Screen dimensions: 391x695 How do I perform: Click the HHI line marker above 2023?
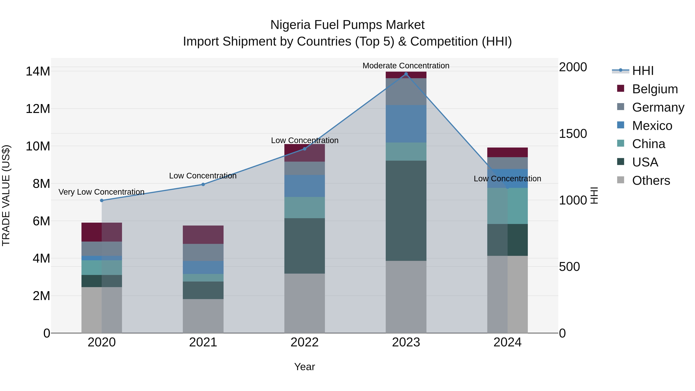406,74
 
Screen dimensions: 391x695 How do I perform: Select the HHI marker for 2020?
102,200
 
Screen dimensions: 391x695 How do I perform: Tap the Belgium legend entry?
655,89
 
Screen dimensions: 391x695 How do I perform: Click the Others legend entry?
651,181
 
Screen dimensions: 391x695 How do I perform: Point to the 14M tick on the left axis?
38,71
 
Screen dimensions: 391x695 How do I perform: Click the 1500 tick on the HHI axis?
573,134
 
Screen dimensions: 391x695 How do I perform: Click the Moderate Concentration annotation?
406,66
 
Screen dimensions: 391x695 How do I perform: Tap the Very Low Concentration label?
101,192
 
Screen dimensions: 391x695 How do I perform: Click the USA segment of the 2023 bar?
406,210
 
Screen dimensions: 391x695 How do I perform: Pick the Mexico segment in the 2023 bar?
406,124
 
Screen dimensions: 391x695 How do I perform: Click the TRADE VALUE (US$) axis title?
6,195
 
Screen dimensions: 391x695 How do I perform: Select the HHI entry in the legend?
643,71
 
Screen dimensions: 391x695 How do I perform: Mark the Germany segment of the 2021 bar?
203,252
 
